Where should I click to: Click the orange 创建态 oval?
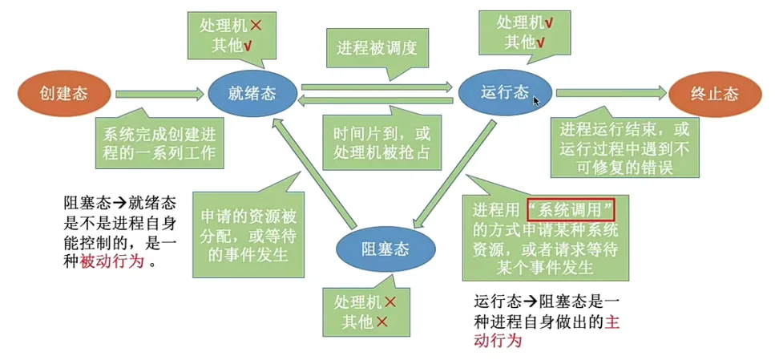pos(63,93)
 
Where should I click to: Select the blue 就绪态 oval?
pos(252,93)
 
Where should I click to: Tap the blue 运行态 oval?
pos(505,93)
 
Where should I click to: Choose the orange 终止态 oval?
pos(714,93)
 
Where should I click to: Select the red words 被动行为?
pos(109,261)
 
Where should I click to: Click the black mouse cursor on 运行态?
pos(538,101)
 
